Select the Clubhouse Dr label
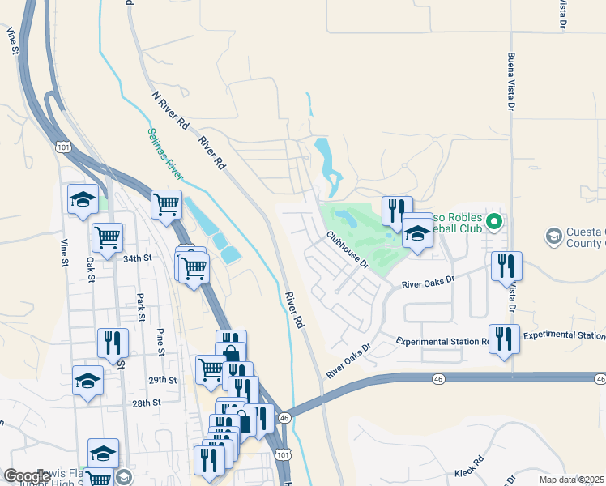(x=348, y=250)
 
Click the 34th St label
(x=138, y=258)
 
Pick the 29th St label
(x=163, y=380)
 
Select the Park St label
(x=140, y=306)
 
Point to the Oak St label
(x=91, y=271)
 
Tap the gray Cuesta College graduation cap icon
(x=554, y=237)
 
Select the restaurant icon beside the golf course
(x=397, y=210)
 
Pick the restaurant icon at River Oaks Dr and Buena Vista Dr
(x=506, y=265)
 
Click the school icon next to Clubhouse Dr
(x=417, y=232)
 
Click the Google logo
(x=27, y=476)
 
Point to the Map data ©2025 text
(x=570, y=480)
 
